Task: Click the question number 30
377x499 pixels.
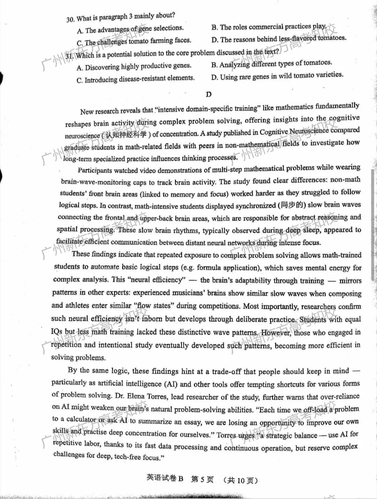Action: click(x=70, y=19)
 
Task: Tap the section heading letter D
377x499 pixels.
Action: click(x=209, y=94)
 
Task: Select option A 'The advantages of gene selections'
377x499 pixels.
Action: click(x=130, y=29)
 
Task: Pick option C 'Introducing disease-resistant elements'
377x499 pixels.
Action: click(x=135, y=79)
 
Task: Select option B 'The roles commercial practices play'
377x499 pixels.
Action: click(x=269, y=27)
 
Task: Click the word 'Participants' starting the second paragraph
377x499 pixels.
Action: click(x=95, y=170)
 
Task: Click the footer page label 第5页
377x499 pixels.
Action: click(x=202, y=479)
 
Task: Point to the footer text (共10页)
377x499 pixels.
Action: click(x=241, y=480)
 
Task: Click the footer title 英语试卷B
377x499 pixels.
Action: click(x=164, y=478)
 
